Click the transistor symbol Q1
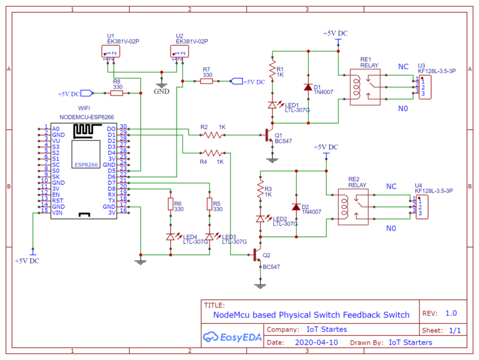(269, 135)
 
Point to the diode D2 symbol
(296, 207)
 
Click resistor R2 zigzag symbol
(214, 134)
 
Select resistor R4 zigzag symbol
(213, 152)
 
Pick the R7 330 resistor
(207, 81)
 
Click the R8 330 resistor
(117, 94)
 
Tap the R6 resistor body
(170, 205)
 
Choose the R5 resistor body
(209, 205)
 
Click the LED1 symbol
(272, 105)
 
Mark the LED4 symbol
(170, 236)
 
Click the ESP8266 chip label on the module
(85, 164)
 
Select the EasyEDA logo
(231, 337)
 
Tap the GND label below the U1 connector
(162, 90)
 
